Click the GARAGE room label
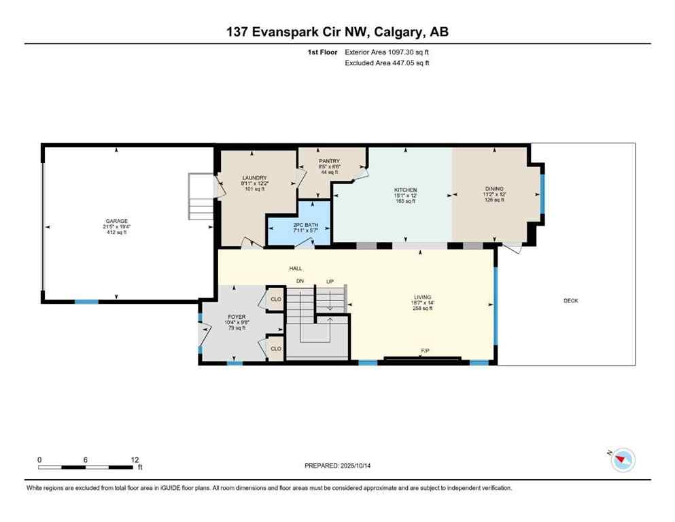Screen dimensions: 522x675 (x=116, y=221)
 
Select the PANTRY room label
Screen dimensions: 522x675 (x=329, y=161)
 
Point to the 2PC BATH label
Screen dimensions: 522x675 (x=298, y=224)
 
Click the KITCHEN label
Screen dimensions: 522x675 (x=405, y=190)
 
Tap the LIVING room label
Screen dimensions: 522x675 (x=423, y=297)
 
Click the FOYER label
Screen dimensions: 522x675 (x=236, y=316)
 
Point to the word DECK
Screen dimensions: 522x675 (x=570, y=300)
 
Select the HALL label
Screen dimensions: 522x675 (x=296, y=268)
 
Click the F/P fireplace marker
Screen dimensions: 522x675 (x=425, y=351)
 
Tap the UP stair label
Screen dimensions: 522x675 (x=330, y=281)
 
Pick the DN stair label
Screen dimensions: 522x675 (x=300, y=281)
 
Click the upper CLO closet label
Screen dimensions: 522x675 (x=276, y=299)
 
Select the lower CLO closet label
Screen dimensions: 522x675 (x=276, y=349)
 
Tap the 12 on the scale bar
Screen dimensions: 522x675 (x=135, y=459)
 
